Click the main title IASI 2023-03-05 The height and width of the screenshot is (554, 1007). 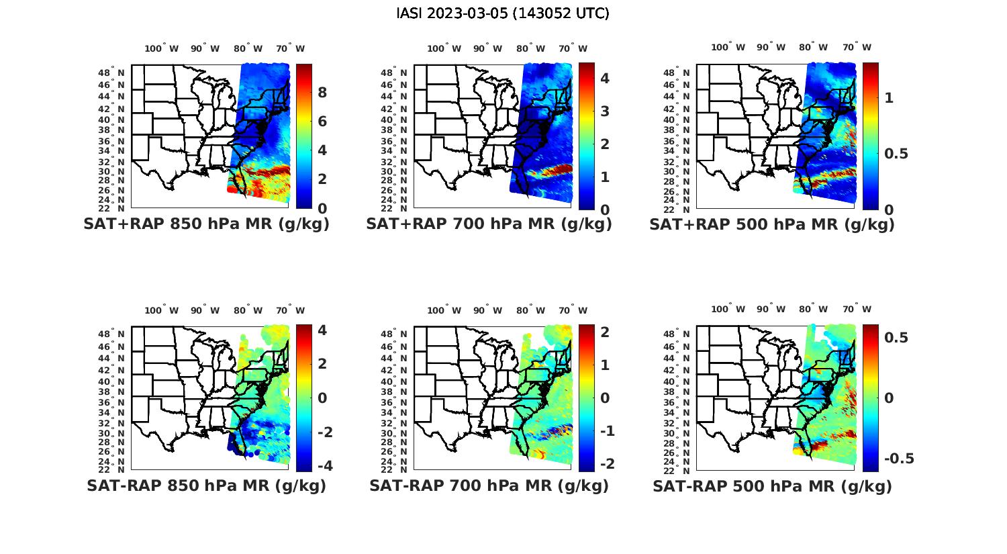tap(503, 13)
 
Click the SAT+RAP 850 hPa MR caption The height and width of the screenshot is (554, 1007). tap(206, 224)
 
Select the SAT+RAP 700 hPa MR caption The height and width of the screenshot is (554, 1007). tap(489, 224)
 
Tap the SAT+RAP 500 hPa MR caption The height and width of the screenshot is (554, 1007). tap(772, 224)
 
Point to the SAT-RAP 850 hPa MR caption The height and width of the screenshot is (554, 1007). tap(206, 486)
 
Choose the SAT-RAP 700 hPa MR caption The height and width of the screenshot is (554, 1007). tap(489, 486)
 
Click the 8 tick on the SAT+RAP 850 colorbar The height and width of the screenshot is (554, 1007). tap(322, 92)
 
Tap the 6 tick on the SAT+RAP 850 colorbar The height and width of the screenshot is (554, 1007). tap(322, 122)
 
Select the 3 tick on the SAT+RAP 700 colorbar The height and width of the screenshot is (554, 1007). tap(605, 111)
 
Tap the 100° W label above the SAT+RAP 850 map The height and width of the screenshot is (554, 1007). tap(161, 48)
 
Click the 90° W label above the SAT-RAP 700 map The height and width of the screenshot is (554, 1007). tap(487, 310)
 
